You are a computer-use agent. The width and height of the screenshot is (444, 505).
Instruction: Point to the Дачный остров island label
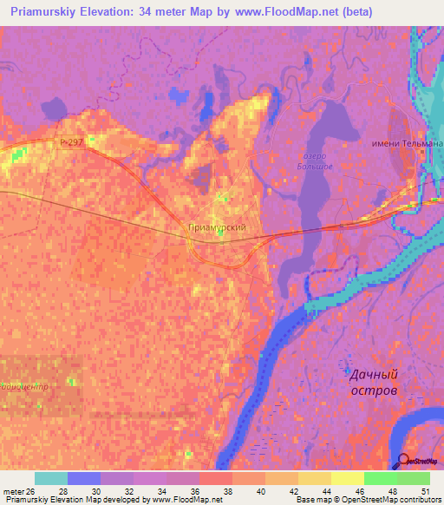(375, 383)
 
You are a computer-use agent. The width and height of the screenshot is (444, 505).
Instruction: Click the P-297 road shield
(73, 143)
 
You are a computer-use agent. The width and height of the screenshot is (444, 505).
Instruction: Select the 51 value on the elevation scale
(425, 492)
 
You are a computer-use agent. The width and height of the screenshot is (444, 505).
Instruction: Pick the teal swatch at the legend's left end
(50, 478)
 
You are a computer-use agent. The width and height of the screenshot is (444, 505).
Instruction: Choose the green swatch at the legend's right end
(413, 478)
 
